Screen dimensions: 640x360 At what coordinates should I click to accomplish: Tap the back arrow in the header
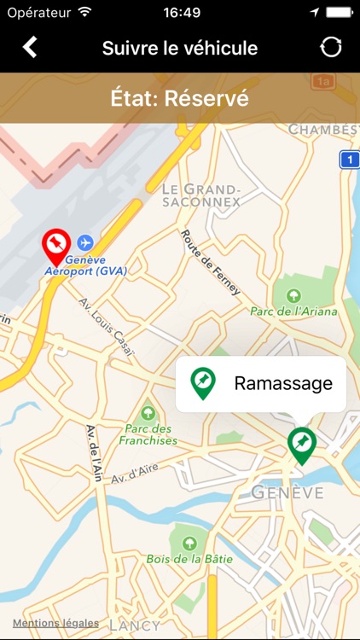pos(30,47)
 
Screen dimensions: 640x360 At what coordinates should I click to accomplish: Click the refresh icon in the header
pos(331,48)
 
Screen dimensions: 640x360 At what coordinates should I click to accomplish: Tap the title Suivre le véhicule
pos(180,48)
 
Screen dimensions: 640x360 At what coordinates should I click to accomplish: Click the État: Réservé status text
pos(180,98)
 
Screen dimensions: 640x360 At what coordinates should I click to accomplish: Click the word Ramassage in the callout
pos(283,383)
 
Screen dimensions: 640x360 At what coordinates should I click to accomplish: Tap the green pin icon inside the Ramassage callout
pos(202,383)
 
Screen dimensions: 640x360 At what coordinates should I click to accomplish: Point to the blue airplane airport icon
pos(85,243)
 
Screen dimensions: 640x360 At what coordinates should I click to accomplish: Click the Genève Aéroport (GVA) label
pos(87,265)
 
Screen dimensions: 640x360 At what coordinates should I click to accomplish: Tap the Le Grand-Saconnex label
pos(202,195)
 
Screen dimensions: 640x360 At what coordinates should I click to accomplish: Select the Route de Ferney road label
pos(210,262)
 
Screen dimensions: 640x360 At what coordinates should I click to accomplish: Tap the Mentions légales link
pos(55,623)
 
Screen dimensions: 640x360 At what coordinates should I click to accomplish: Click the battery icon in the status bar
pos(338,12)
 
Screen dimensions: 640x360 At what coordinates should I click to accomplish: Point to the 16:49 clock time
pos(181,12)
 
